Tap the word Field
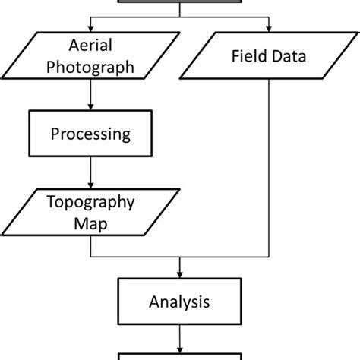click(x=247, y=55)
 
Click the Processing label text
click(x=90, y=134)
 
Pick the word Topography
click(x=90, y=203)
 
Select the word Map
click(x=90, y=224)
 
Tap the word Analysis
click(x=180, y=302)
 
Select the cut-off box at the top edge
click(x=180, y=2)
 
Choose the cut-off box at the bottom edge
click(x=180, y=356)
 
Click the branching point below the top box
click(x=180, y=15)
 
